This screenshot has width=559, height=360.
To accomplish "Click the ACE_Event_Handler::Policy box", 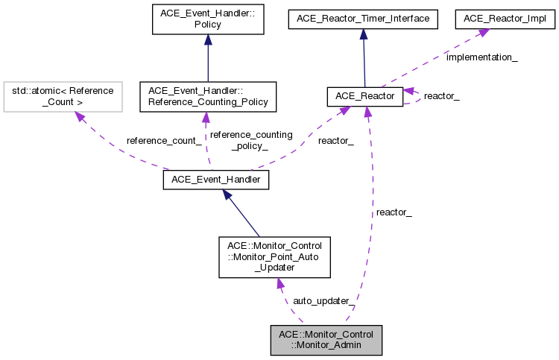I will pos(207,19).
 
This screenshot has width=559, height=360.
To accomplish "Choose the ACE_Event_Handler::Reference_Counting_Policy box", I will pos(207,96).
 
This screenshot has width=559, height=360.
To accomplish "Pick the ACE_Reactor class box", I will pos(365,96).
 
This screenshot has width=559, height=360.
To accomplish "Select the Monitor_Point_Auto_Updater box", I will pos(274,257).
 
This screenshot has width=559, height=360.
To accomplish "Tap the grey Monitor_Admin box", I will pos(326,339).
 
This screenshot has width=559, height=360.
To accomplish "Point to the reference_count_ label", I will pos(163,140).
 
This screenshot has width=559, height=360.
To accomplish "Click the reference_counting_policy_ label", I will pos(251,140).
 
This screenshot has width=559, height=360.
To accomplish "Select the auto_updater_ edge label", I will pos(323,300).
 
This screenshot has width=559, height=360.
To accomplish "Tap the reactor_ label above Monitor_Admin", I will pos(394,212).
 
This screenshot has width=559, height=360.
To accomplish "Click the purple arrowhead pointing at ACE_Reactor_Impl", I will pos(483,33).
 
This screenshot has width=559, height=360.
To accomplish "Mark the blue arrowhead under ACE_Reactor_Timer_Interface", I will pos(363,34).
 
